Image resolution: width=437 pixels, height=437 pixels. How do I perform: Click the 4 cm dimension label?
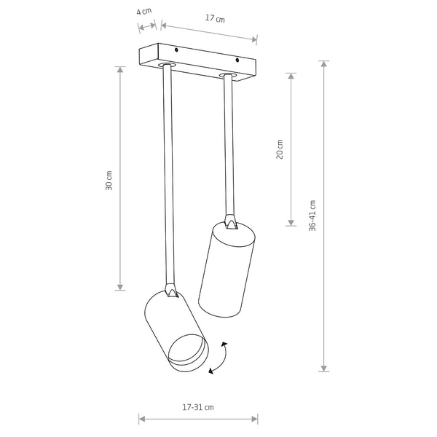pyautogui.click(x=143, y=12)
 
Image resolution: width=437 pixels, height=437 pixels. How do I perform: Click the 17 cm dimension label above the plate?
pyautogui.click(x=215, y=18)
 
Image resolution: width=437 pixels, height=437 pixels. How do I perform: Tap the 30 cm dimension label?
pyautogui.click(x=109, y=181)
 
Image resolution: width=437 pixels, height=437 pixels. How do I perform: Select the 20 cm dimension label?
pyautogui.click(x=280, y=149)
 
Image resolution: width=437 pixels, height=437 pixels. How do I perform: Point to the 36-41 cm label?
pyautogui.click(x=312, y=216)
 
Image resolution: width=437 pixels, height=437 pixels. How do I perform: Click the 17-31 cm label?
pyautogui.click(x=198, y=407)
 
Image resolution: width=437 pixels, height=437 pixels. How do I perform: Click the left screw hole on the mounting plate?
pyautogui.click(x=176, y=50)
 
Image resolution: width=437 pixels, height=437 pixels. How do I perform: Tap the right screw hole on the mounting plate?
pyautogui.click(x=237, y=60)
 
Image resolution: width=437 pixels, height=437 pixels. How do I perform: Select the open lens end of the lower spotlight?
pyautogui.click(x=189, y=353)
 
